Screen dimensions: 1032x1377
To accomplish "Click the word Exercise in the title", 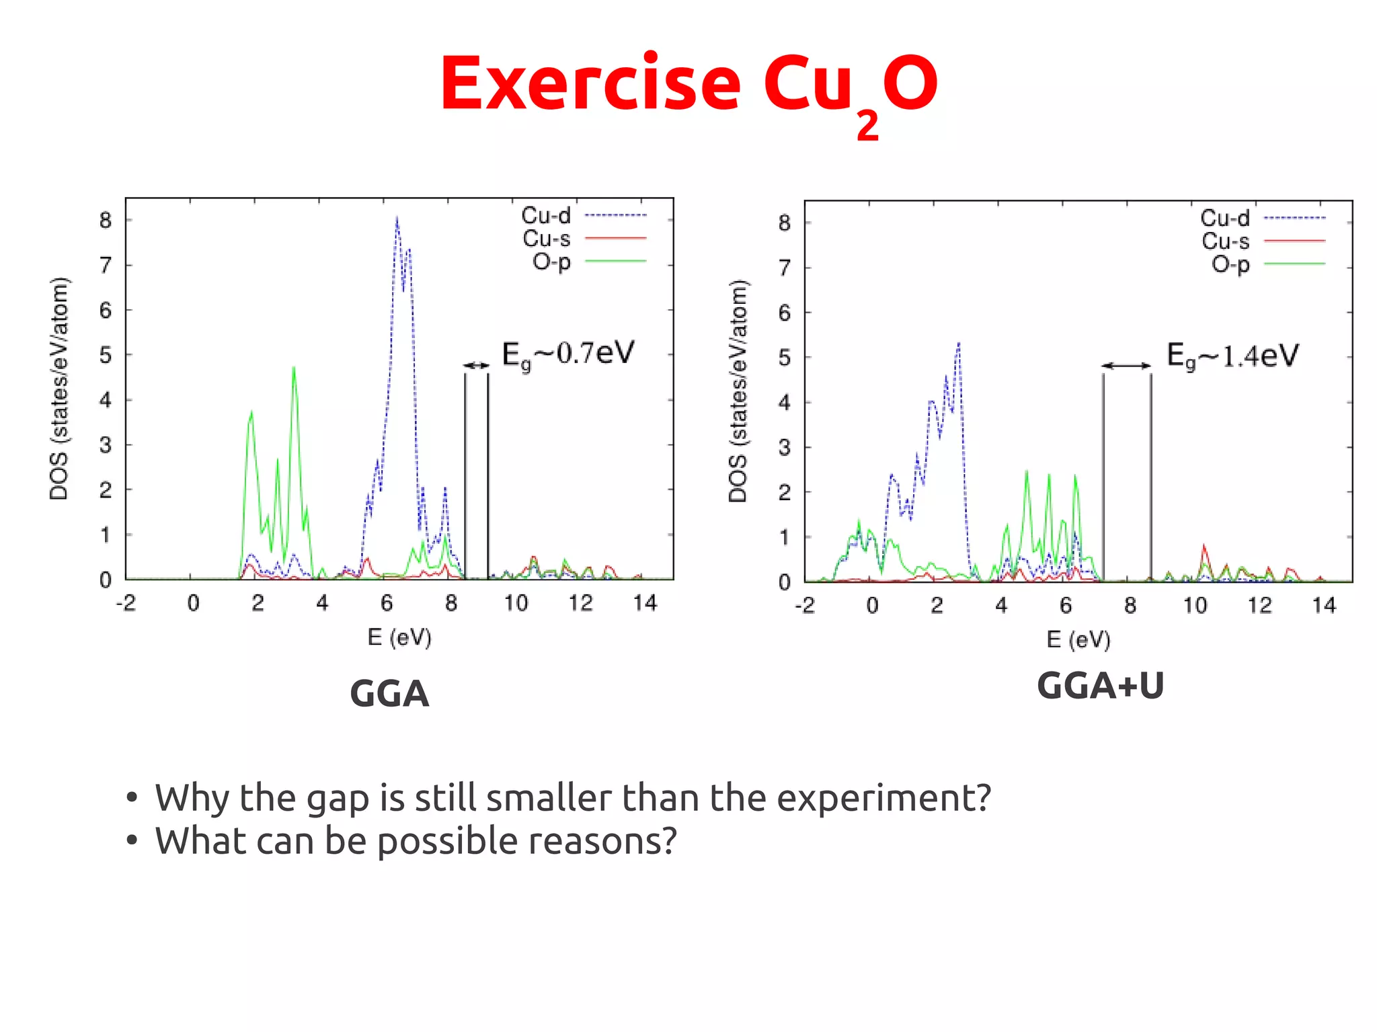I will point(590,84).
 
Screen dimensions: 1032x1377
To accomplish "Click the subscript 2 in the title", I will point(867,125).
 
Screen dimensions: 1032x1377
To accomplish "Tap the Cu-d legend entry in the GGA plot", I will point(546,216).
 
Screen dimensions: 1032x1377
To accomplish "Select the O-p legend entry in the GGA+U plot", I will point(1230,264).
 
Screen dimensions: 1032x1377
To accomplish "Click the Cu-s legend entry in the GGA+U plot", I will point(1225,241).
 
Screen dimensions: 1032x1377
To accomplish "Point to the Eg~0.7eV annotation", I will point(568,354).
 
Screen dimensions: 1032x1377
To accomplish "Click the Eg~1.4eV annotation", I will point(1232,356).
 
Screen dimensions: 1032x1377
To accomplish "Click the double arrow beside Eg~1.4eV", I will point(1126,366).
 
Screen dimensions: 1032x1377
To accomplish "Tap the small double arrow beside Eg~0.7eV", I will point(477,365).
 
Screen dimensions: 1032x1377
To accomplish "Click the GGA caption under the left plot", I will point(389,694).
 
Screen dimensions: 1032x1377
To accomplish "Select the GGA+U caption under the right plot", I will point(1100,686).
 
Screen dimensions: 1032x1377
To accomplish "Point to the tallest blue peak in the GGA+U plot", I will point(958,345).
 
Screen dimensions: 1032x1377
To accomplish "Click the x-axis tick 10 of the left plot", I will point(516,603).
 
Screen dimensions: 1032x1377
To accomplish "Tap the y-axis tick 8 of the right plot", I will point(784,223).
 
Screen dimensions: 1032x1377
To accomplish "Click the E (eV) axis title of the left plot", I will point(399,637).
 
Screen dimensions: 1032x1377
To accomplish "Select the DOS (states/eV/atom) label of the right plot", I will point(738,391).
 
